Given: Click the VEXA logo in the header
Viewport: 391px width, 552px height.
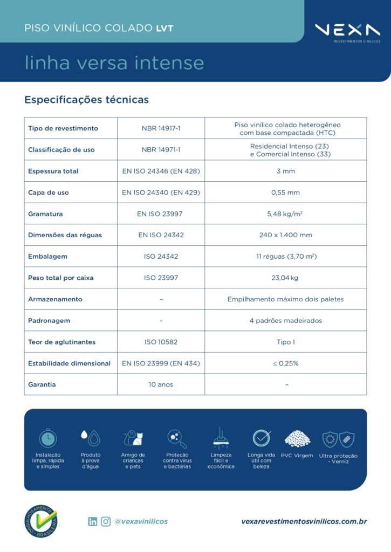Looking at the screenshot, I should pos(347,31).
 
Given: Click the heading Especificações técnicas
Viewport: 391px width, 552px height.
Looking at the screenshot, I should pos(86,100).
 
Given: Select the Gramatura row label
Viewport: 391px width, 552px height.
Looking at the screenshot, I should pos(45,214).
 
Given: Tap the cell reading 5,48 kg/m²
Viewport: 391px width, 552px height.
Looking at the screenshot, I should pos(285,214).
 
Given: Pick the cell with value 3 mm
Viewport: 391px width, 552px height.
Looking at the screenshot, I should pos(285,171).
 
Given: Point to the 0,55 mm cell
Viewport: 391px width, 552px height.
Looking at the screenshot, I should pos(285,192).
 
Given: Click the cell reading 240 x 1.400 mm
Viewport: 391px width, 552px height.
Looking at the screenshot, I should pos(285,235).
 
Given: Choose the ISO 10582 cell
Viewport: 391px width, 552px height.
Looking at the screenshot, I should pos(161,342).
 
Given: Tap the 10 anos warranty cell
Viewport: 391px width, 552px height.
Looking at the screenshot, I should pos(161,384).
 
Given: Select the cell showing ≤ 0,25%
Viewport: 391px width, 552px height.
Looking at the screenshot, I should pos(285,363).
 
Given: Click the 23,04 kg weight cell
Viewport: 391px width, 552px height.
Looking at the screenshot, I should pos(285,278).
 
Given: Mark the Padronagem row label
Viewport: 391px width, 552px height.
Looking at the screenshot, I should pos(49,321).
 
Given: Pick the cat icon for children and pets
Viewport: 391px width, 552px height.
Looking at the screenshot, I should pos(133,438).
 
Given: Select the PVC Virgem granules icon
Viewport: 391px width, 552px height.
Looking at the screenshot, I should pos(297,438).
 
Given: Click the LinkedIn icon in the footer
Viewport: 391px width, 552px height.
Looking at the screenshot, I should pos(93,521).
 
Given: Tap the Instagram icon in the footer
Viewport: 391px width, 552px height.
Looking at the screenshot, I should pos(106,521).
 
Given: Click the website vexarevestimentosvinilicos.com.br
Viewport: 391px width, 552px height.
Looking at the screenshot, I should pos(304,521).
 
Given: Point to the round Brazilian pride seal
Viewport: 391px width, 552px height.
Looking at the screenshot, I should pos(40,521).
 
